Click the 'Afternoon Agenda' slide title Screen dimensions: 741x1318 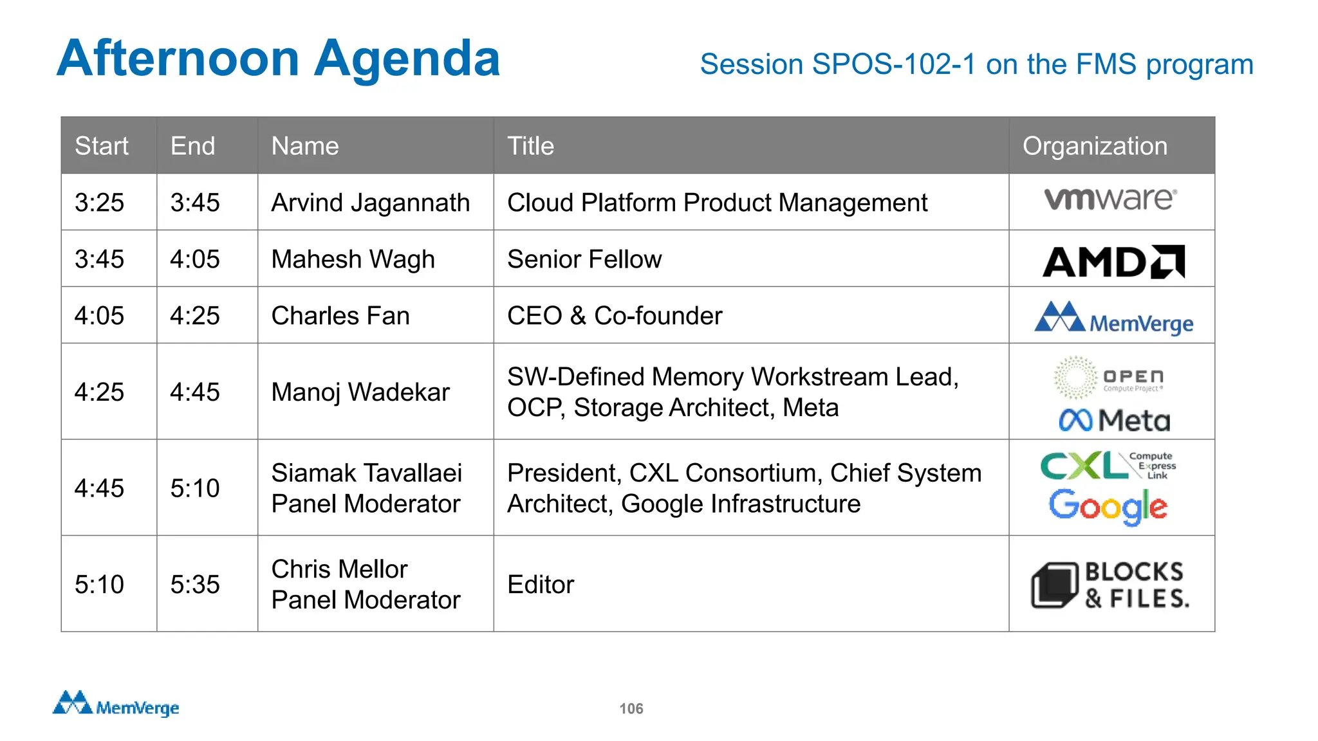click(278, 59)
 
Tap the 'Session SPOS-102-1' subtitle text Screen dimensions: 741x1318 click(976, 64)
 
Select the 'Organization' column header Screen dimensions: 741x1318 click(1095, 146)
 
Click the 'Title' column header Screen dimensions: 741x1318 click(530, 146)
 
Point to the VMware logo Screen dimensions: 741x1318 click(1110, 199)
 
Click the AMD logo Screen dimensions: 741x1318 click(1113, 262)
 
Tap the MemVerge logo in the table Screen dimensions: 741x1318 click(1113, 318)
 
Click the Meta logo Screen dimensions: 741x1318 click(1114, 421)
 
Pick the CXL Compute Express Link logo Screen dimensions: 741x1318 click(1108, 466)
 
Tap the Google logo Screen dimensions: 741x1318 click(1108, 506)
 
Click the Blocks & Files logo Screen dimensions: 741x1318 click(1111, 585)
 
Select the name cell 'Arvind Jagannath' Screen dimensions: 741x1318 click(371, 203)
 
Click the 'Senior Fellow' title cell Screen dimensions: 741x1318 click(584, 259)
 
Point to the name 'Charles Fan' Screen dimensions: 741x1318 click(340, 316)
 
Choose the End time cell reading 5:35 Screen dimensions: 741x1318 click(195, 584)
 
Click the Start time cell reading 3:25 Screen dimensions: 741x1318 click(99, 203)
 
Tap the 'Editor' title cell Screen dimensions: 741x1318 click(541, 584)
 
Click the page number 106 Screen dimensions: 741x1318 click(631, 708)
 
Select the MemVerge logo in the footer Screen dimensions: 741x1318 click(116, 704)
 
